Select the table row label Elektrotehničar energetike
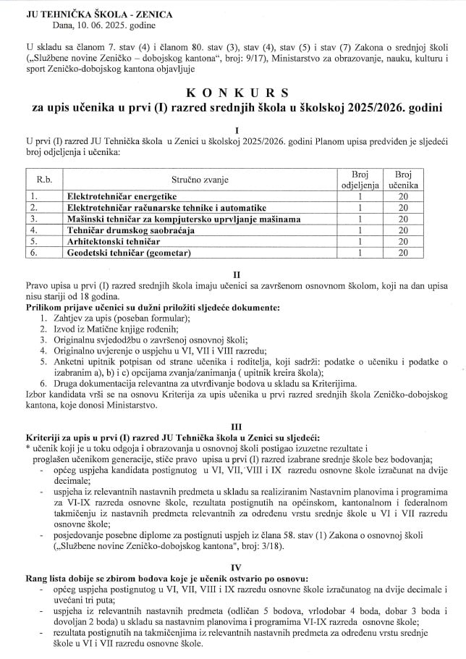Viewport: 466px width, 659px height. [122, 196]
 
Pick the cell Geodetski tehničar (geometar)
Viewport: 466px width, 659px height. [129, 253]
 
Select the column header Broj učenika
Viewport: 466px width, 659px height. [402, 180]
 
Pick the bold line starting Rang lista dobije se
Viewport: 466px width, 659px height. [173, 581]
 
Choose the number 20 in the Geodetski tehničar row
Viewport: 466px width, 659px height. [402, 253]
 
